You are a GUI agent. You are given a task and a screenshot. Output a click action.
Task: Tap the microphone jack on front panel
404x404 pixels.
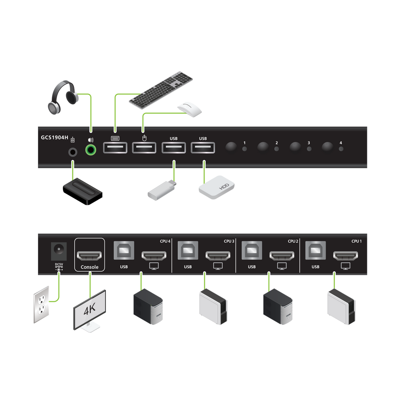pos(73,152)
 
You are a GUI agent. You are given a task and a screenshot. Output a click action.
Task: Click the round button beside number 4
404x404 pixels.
pos(328,147)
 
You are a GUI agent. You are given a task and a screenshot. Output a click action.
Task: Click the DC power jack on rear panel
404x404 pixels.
pos(57,251)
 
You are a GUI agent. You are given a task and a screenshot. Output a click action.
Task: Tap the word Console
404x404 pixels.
pos(90,267)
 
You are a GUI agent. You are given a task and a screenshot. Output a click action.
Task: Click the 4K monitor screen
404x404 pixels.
pos(90,309)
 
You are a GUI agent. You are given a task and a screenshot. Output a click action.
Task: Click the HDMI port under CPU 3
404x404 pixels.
pos(218,255)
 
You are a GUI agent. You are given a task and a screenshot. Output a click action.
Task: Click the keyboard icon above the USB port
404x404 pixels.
pos(114,138)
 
